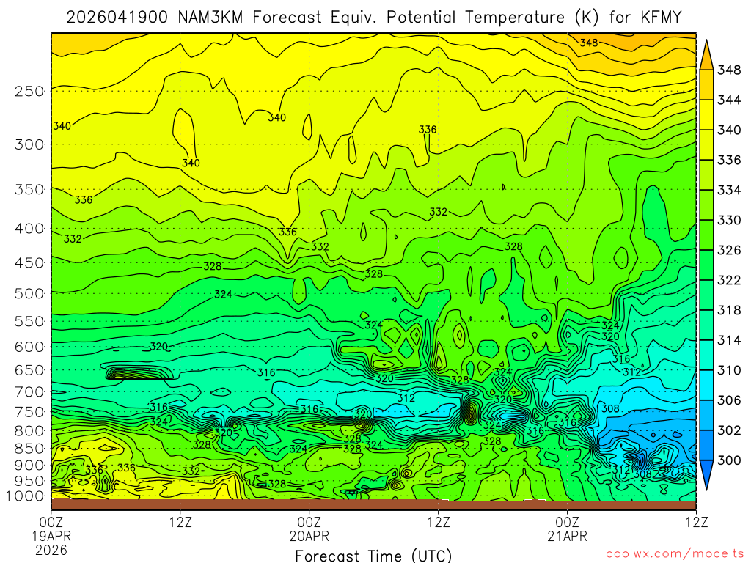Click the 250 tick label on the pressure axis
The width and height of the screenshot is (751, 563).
[29, 92]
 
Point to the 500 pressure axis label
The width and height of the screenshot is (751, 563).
[29, 294]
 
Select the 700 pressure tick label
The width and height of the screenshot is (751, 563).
[29, 391]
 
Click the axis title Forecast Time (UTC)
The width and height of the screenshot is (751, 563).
[373, 555]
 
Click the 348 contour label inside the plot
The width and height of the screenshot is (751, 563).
[588, 43]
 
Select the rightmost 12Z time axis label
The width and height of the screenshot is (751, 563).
[695, 523]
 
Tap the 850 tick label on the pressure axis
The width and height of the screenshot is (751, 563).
[29, 448]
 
